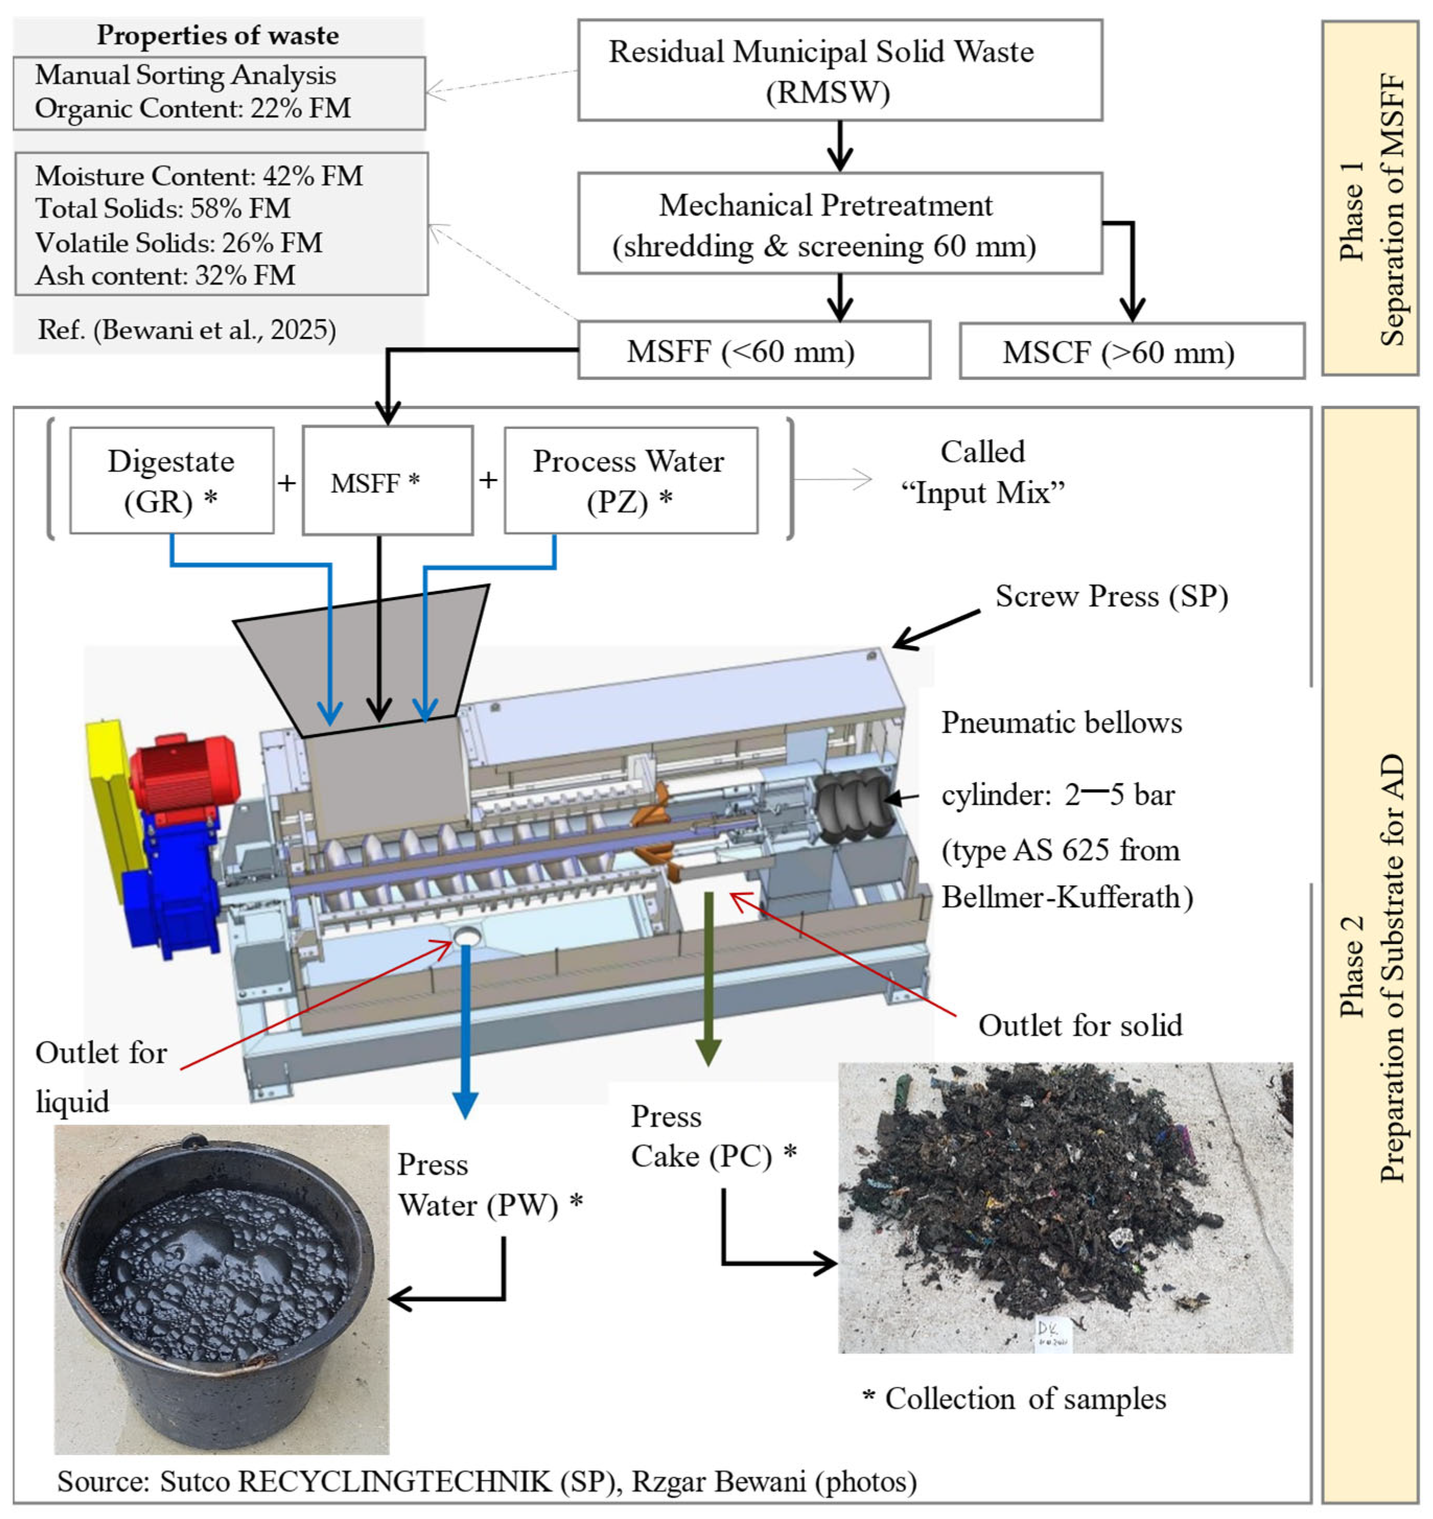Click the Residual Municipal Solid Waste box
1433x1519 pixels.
point(839,71)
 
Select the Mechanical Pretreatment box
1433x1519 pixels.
point(839,223)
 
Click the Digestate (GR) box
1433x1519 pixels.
point(171,481)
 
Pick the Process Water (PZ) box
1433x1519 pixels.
point(630,481)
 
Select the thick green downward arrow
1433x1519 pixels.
point(708,978)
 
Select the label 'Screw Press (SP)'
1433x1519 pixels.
point(1111,596)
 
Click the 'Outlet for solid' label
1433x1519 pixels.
point(1079,1025)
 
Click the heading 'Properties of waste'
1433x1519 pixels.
point(218,35)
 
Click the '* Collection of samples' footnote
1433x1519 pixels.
point(1014,1399)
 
